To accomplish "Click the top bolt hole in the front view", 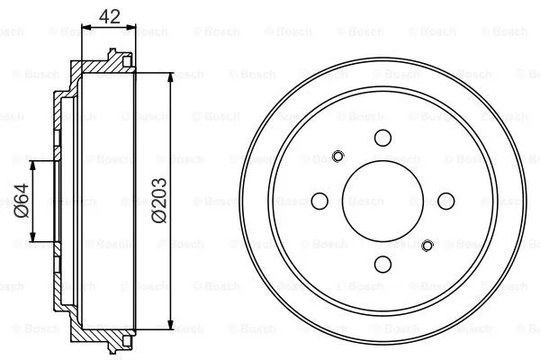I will click(382, 138).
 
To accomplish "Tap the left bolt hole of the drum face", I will click(320, 201).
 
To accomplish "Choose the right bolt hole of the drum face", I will click(445, 201).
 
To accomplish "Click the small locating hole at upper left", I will click(337, 155).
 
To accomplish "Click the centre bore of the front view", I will click(382, 201).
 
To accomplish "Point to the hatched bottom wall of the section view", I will click(99, 335).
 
